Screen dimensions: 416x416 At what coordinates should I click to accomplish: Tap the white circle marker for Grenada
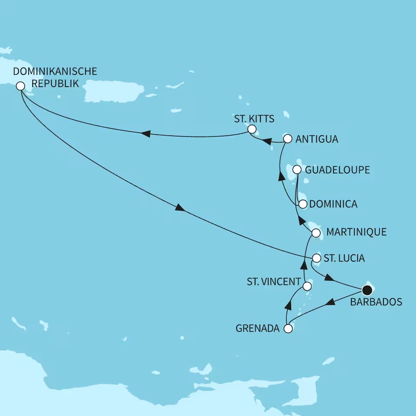point(288,328)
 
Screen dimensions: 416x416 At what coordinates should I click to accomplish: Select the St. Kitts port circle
point(251,129)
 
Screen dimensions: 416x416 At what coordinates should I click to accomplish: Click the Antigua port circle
point(287,139)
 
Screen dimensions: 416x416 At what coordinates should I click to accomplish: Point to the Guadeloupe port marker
point(297,169)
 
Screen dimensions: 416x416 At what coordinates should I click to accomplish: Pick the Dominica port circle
point(303,204)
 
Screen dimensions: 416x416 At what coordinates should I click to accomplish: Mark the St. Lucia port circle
point(316,258)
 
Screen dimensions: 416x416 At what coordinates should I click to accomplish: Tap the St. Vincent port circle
point(307,286)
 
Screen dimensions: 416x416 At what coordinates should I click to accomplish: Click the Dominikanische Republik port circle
point(20,86)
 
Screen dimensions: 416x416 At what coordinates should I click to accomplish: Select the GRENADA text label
point(258,328)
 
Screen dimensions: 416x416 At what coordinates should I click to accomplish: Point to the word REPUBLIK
point(56,83)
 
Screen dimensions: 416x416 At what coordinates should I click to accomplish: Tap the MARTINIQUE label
point(356,233)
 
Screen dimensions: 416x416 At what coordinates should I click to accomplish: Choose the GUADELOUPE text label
point(338,169)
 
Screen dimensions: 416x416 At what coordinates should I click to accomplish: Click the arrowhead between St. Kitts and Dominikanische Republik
point(146,134)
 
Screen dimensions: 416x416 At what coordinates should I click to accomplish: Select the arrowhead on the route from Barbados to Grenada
point(330,303)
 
